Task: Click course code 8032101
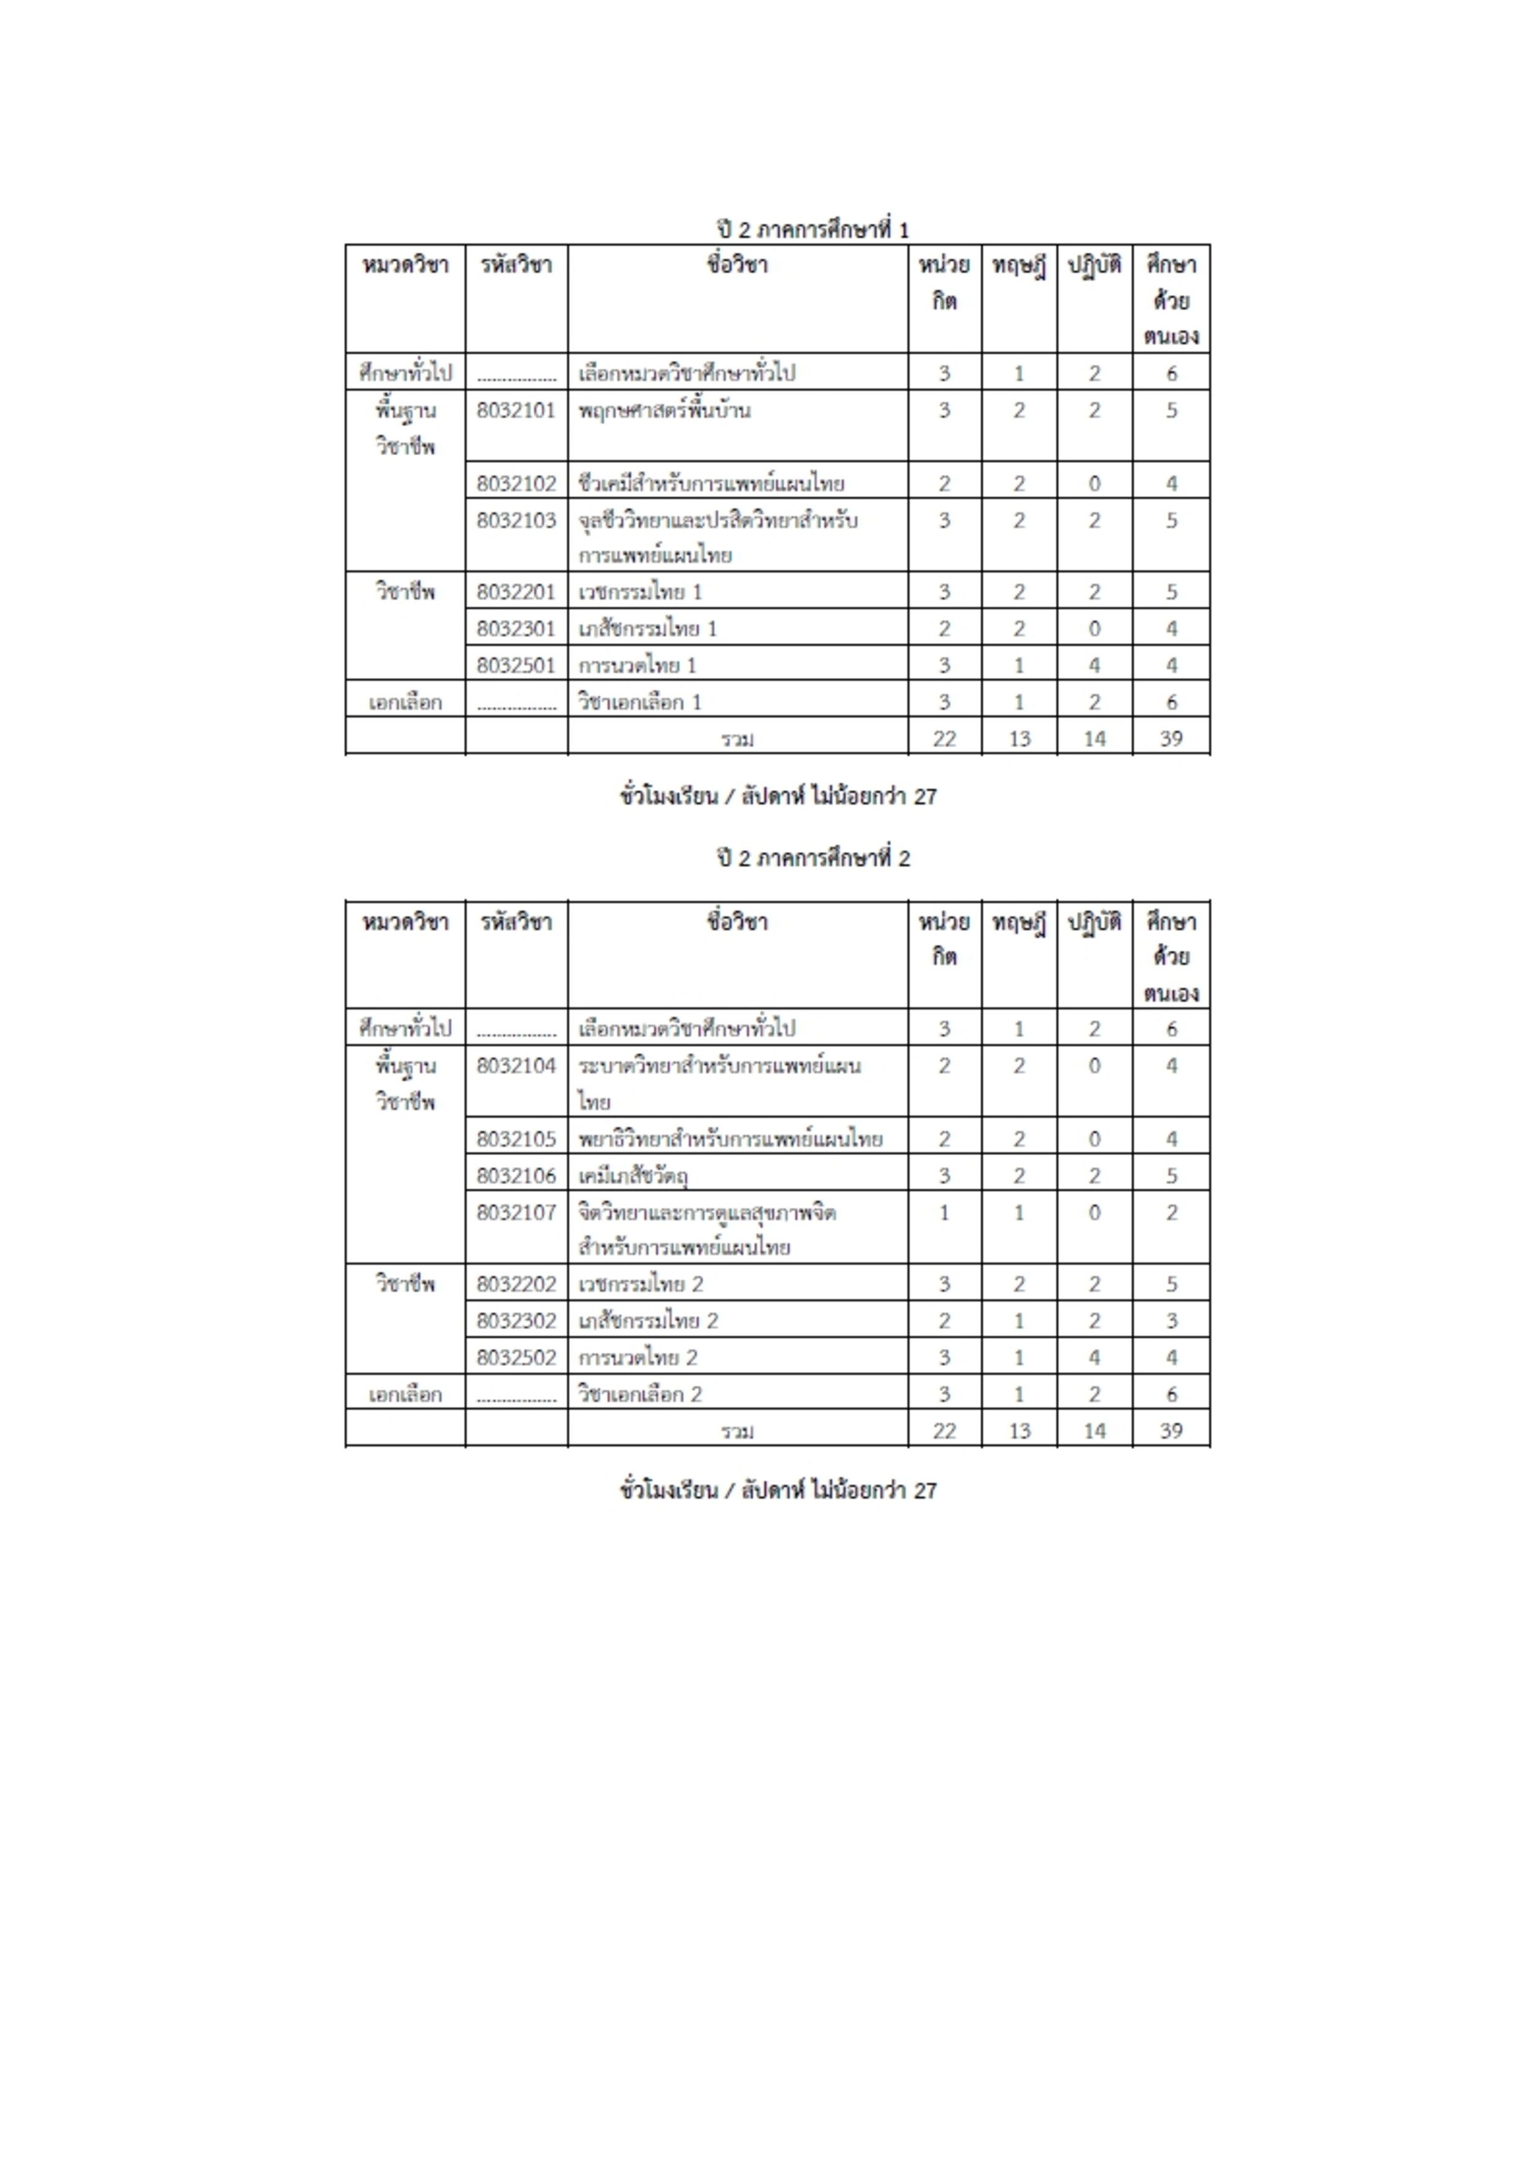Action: pyautogui.click(x=516, y=410)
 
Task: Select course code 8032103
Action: pyautogui.click(x=516, y=520)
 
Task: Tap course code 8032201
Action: pyautogui.click(x=516, y=592)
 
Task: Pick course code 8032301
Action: pyautogui.click(x=516, y=629)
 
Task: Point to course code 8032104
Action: pyautogui.click(x=516, y=1066)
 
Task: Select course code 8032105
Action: pyautogui.click(x=516, y=1139)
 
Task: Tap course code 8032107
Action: pyautogui.click(x=516, y=1212)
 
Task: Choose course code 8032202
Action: pyautogui.click(x=516, y=1284)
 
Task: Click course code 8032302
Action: pyautogui.click(x=516, y=1321)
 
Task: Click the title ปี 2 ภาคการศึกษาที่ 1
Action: pyautogui.click(x=813, y=229)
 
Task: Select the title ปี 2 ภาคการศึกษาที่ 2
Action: pyautogui.click(x=813, y=858)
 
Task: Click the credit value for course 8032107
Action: pyautogui.click(x=944, y=1212)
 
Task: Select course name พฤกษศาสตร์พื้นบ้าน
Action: pyautogui.click(x=665, y=410)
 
